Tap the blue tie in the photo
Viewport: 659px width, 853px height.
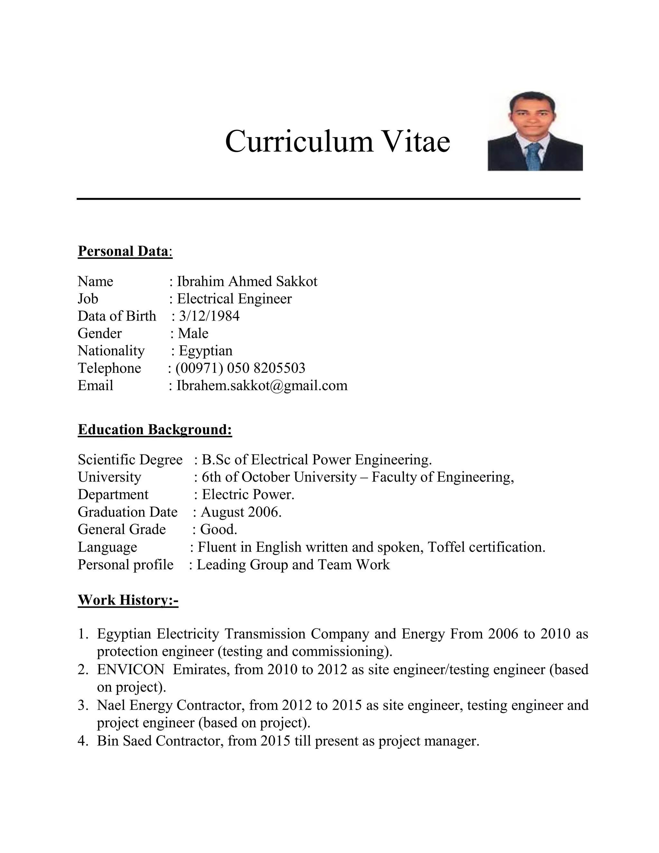(533, 156)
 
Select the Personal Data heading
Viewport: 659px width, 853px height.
(123, 251)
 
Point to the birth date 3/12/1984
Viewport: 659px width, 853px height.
(209, 316)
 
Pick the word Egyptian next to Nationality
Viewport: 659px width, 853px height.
(205, 351)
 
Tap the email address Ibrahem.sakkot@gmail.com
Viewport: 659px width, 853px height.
(262, 386)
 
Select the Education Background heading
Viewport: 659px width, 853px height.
(155, 430)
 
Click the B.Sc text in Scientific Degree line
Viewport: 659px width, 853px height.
(216, 460)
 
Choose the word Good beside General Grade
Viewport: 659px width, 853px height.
(218, 530)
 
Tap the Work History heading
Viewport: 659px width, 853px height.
(128, 600)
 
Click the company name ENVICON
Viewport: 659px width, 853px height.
(131, 670)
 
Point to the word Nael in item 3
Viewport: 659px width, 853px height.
(111, 705)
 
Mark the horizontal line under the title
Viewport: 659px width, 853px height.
(328, 199)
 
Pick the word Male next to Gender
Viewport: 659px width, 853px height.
(193, 333)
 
